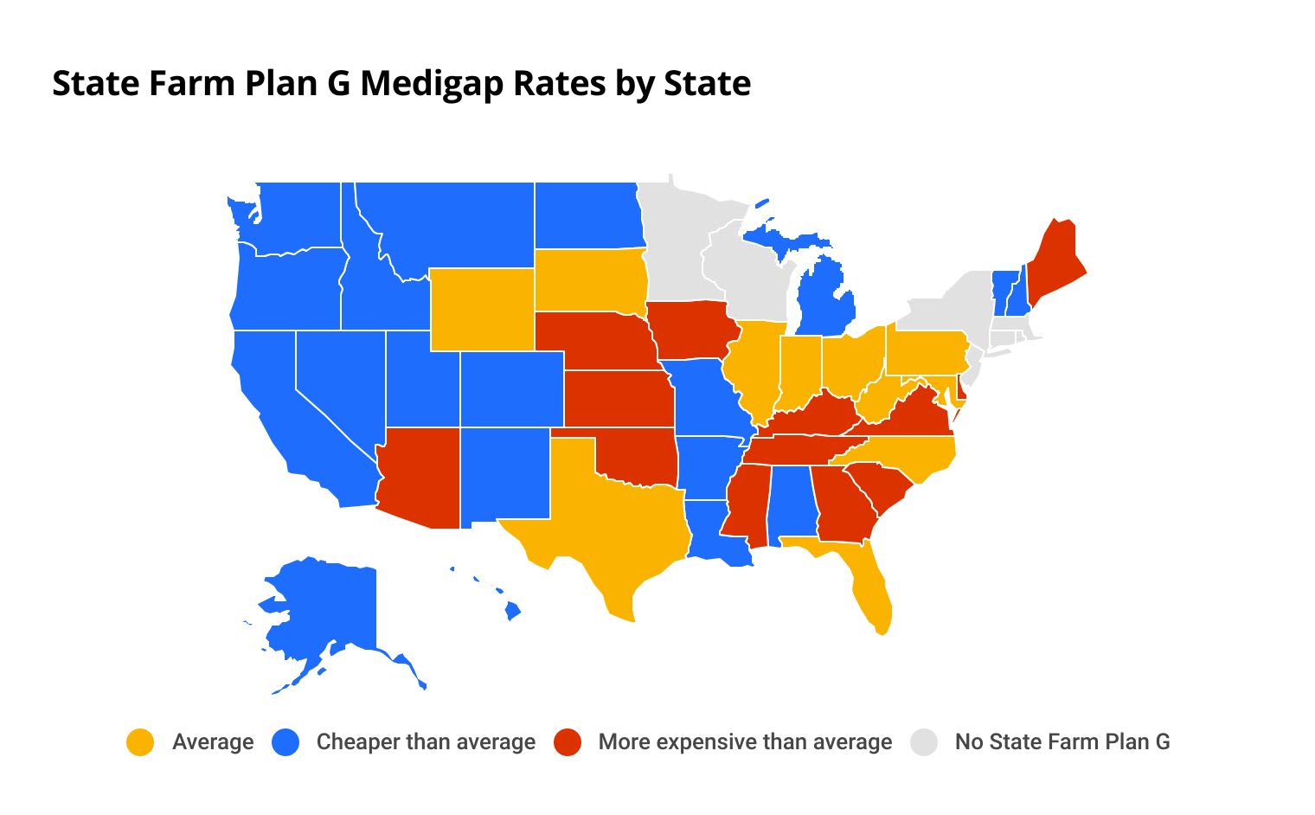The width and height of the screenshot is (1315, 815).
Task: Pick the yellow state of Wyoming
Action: coord(481,309)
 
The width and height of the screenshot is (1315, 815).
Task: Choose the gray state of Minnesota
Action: coord(675,242)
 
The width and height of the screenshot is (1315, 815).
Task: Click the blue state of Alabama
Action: coord(792,502)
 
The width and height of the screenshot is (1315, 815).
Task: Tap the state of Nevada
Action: coord(337,381)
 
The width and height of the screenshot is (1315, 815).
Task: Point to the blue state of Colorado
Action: coord(511,388)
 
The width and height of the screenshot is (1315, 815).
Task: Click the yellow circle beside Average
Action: coord(140,742)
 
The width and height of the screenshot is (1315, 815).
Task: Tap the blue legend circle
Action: coord(285,742)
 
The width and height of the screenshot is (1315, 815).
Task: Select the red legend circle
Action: coord(568,742)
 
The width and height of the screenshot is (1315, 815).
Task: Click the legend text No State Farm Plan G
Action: coord(1062,742)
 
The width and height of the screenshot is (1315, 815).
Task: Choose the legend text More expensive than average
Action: coord(745,742)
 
